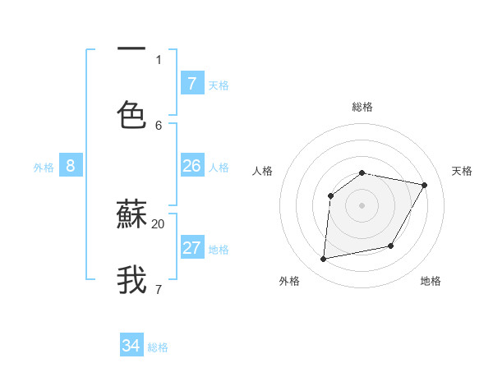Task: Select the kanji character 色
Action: tap(131, 115)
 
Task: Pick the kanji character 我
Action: tap(131, 279)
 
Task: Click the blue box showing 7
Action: tap(191, 83)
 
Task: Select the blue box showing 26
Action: tap(191, 166)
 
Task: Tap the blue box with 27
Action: tap(191, 248)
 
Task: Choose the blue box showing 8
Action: tap(70, 166)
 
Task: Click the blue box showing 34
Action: tap(131, 346)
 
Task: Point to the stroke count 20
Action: tap(159, 223)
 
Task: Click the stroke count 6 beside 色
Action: tap(159, 125)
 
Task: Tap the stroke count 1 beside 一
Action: tap(159, 59)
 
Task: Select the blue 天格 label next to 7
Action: tap(219, 85)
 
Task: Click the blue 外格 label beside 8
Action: tap(44, 168)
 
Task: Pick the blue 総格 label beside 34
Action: tap(158, 347)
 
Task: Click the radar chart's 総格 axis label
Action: tap(362, 107)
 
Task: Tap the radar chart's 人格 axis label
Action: tap(262, 171)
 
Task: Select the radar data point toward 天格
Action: tap(424, 186)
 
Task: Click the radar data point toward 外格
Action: tap(324, 260)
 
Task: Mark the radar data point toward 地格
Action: tap(391, 246)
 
